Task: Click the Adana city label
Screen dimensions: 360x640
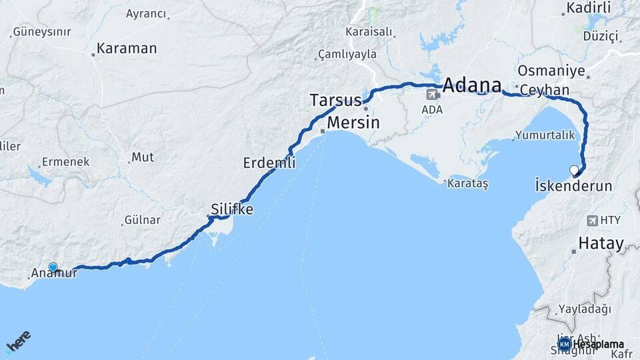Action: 471,85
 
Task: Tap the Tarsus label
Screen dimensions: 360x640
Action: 336,101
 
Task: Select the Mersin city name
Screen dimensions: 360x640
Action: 353,123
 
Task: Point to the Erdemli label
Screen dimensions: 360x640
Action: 269,163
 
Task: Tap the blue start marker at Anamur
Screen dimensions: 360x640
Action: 53,267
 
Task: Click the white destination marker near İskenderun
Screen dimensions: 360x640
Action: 574,170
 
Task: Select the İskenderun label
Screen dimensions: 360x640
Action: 573,186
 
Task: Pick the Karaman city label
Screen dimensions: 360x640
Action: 126,49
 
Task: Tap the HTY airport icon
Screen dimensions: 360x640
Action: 593,221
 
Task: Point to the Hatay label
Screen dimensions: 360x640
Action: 601,244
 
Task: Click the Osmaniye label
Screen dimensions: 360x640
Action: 551,71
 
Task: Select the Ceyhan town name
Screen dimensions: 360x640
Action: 545,90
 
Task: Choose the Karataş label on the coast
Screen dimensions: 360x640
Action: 467,183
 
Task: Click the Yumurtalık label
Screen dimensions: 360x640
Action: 545,135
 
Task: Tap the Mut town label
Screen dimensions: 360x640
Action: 143,157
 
